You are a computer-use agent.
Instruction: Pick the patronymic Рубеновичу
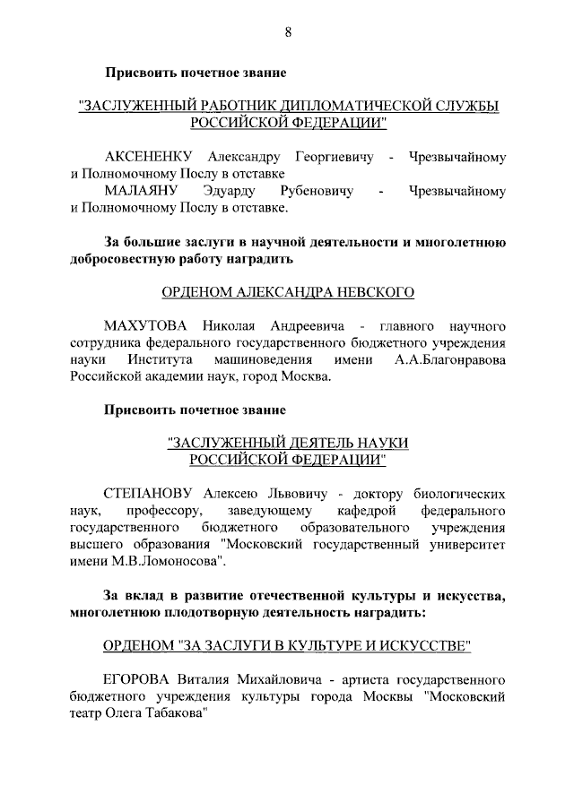316,191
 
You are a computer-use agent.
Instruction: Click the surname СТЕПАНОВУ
151,494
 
